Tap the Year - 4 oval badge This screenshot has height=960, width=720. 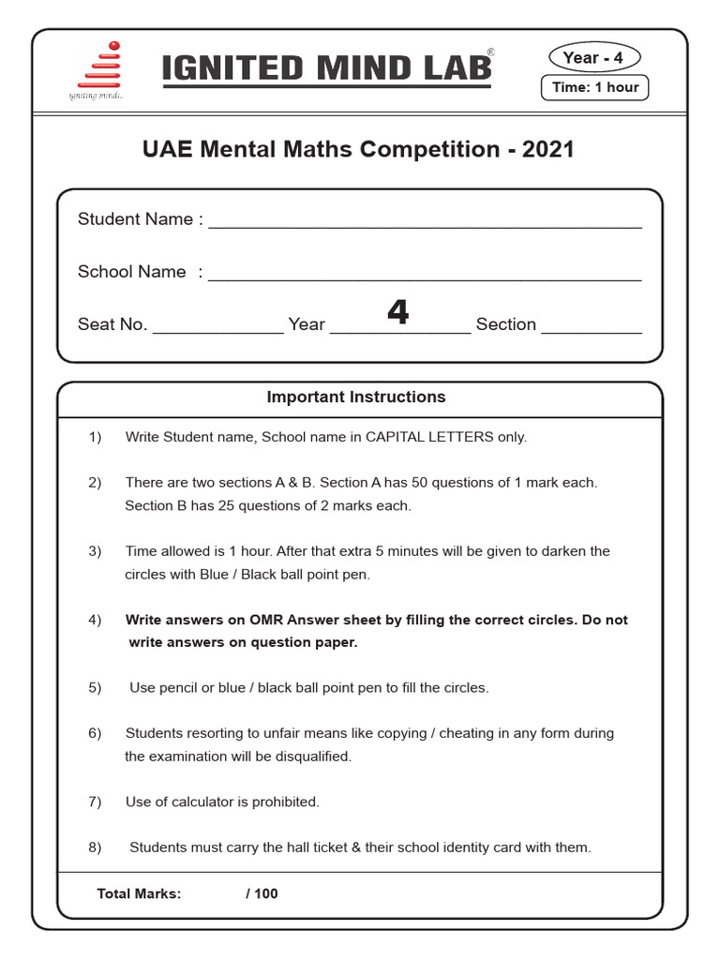[592, 58]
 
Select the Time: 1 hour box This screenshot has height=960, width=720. [595, 87]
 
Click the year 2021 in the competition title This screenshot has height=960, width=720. [548, 149]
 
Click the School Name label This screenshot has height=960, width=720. [132, 272]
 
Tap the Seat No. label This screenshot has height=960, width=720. [112, 324]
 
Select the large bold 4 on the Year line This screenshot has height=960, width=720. [397, 313]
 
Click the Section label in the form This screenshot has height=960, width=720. [506, 324]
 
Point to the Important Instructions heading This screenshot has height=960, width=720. [356, 397]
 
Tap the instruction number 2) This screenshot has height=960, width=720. [95, 483]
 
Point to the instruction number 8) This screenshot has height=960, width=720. [95, 847]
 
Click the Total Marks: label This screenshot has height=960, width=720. [139, 893]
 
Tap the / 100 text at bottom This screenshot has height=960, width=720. [262, 893]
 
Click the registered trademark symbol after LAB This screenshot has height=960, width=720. [490, 54]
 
